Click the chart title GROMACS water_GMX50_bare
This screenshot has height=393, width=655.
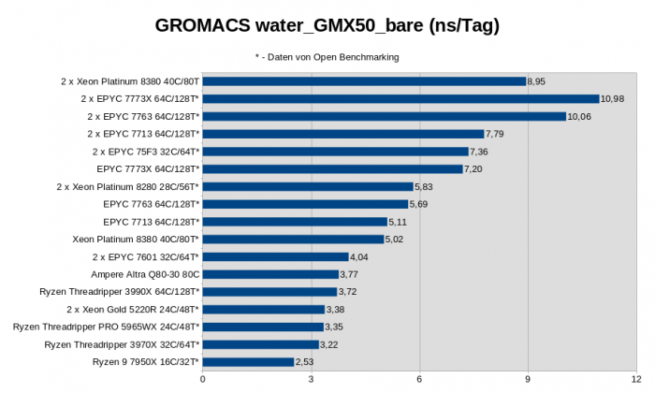(327, 26)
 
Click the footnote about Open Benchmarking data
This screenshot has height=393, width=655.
(327, 57)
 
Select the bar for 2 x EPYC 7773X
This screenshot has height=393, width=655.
(400, 98)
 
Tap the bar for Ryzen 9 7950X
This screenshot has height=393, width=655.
(248, 362)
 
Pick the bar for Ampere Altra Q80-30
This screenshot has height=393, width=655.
(270, 274)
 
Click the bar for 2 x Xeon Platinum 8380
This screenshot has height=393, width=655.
(364, 81)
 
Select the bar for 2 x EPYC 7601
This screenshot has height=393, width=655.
(275, 256)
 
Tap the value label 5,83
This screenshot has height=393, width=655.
(426, 186)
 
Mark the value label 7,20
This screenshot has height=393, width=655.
(475, 168)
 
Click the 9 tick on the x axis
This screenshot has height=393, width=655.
(528, 380)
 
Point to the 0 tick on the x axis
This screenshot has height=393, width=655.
(203, 380)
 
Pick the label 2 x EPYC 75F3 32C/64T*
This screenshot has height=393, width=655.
(145, 152)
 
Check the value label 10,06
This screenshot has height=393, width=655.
(579, 116)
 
